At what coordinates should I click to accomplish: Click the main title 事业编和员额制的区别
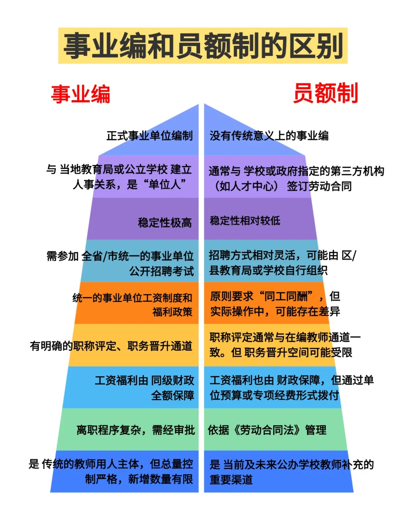click(203, 45)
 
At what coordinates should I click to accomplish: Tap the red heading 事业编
click(80, 94)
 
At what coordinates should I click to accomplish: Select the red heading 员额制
click(325, 93)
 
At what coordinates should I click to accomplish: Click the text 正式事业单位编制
click(149, 136)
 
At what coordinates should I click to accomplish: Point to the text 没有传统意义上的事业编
click(269, 136)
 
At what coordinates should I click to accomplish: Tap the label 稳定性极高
click(165, 222)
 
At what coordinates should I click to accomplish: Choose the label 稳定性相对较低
click(245, 221)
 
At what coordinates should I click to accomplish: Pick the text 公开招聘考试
click(161, 271)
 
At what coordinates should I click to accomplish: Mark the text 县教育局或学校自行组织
click(268, 270)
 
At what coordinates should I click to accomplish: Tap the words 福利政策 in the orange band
click(172, 312)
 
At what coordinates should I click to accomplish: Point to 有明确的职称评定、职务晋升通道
click(111, 346)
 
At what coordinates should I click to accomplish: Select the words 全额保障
click(173, 396)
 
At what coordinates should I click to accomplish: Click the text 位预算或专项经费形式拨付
click(274, 395)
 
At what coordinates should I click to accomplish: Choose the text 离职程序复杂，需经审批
click(135, 430)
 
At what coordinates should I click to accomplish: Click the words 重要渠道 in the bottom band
click(231, 480)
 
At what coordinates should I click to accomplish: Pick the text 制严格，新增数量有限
click(139, 479)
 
